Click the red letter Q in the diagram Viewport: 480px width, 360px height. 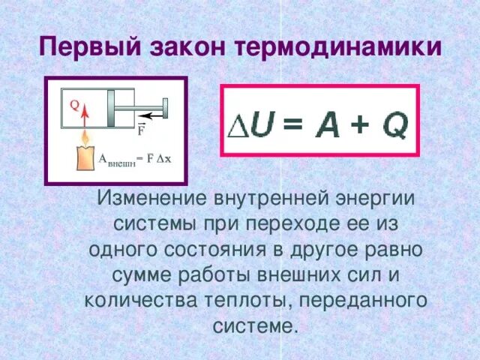(75, 106)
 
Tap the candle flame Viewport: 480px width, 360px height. (85, 139)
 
